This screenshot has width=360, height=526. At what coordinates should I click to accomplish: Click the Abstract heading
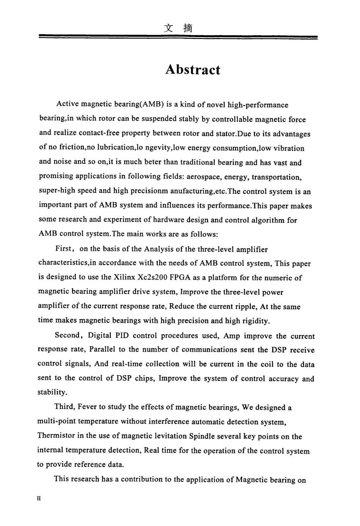point(193,70)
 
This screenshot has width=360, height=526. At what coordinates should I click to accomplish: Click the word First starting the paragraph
point(63,249)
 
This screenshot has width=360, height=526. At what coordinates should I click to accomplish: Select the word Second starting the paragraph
point(67,335)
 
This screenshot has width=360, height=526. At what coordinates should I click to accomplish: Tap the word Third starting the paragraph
point(64,407)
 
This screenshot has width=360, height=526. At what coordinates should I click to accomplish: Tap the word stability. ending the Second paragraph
point(52,392)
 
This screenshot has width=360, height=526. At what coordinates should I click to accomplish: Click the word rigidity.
point(253,321)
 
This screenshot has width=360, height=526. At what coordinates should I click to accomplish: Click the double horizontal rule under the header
point(178,37)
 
